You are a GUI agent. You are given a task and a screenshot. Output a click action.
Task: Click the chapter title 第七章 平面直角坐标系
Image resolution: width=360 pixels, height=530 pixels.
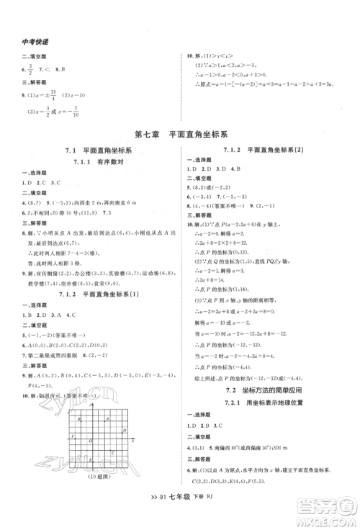pyautogui.click(x=179, y=134)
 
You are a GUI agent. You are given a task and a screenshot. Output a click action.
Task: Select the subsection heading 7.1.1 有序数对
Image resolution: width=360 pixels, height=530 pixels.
pyautogui.click(x=93, y=163)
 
